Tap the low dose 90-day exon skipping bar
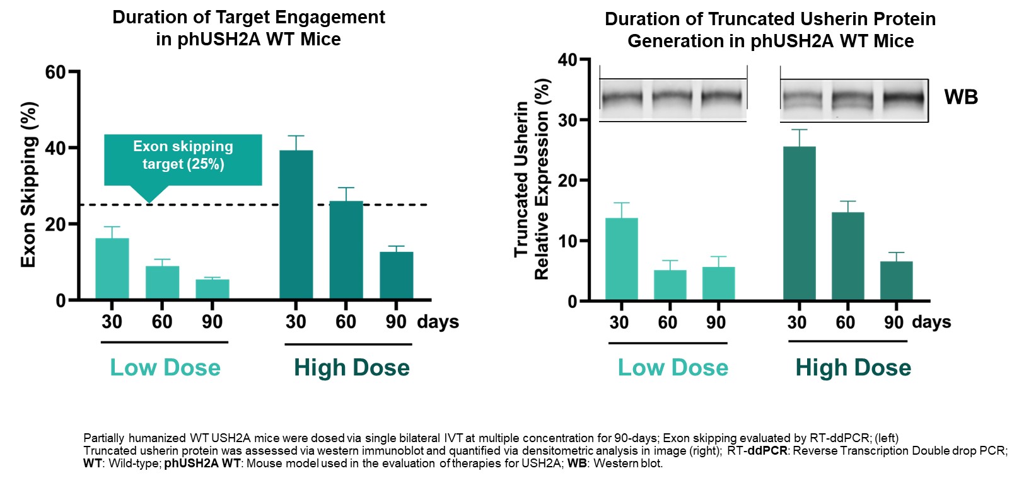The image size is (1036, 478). [x=212, y=289]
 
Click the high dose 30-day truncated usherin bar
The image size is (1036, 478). [x=799, y=224]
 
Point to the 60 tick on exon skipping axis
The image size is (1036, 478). [x=55, y=72]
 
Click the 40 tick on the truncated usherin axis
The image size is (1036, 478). [x=567, y=60]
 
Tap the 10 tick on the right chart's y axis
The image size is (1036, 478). [x=567, y=241]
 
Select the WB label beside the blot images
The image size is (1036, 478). [x=960, y=97]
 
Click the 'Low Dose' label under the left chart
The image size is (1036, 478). [x=165, y=368]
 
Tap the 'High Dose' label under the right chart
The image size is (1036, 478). [x=853, y=368]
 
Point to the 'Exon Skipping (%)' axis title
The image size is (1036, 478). [x=28, y=185]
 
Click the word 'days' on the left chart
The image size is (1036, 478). [x=438, y=322]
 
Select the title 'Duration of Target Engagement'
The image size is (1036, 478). [x=248, y=17]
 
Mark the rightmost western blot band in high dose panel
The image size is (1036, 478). [x=903, y=99]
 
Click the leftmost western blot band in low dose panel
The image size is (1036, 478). [x=622, y=99]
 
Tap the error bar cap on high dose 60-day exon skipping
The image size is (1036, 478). [x=346, y=188]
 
